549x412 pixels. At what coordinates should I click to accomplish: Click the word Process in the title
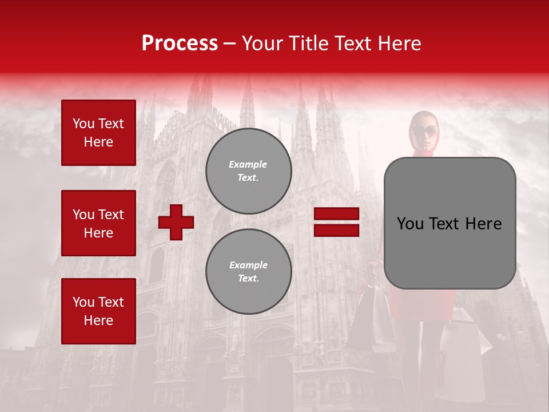(x=180, y=43)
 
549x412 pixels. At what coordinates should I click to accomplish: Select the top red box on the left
(x=98, y=133)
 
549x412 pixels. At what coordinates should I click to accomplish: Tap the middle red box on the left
(x=98, y=223)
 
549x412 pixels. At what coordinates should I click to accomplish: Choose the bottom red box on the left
(x=98, y=311)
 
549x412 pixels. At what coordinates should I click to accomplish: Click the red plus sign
(x=176, y=222)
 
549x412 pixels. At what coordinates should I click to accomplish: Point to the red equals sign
(x=336, y=222)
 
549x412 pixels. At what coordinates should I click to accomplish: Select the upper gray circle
(x=248, y=171)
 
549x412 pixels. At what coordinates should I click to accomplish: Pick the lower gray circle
(x=248, y=271)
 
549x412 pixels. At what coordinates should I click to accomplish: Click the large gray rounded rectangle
(x=449, y=223)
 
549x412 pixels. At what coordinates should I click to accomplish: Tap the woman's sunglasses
(x=424, y=130)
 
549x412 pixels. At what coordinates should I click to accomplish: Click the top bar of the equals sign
(x=336, y=214)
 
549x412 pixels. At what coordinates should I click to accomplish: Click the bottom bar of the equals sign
(x=336, y=230)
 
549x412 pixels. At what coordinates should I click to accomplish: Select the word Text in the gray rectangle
(x=449, y=224)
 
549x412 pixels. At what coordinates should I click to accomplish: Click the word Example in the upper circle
(x=248, y=164)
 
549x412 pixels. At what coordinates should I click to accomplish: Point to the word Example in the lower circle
(x=248, y=265)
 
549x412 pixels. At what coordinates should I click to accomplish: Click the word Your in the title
(x=261, y=43)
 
